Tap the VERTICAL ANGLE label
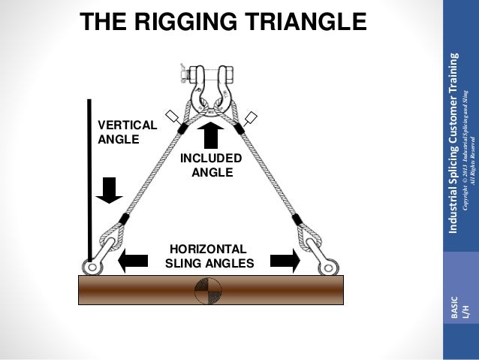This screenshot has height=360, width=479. point(122,132)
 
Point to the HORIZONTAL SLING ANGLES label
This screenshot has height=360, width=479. point(209,256)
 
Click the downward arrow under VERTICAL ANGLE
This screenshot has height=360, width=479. point(110,189)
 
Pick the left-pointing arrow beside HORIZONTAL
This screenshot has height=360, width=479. point(133,261)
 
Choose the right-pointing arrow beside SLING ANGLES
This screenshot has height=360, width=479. point(284,261)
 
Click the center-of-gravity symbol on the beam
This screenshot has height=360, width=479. point(208,289)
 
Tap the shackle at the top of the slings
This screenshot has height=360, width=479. point(209,83)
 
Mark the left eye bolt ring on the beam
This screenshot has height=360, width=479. point(92,267)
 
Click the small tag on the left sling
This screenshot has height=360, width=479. point(173,116)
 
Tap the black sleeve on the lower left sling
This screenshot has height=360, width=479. point(124,219)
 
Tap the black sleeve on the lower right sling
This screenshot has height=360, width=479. point(298,219)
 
